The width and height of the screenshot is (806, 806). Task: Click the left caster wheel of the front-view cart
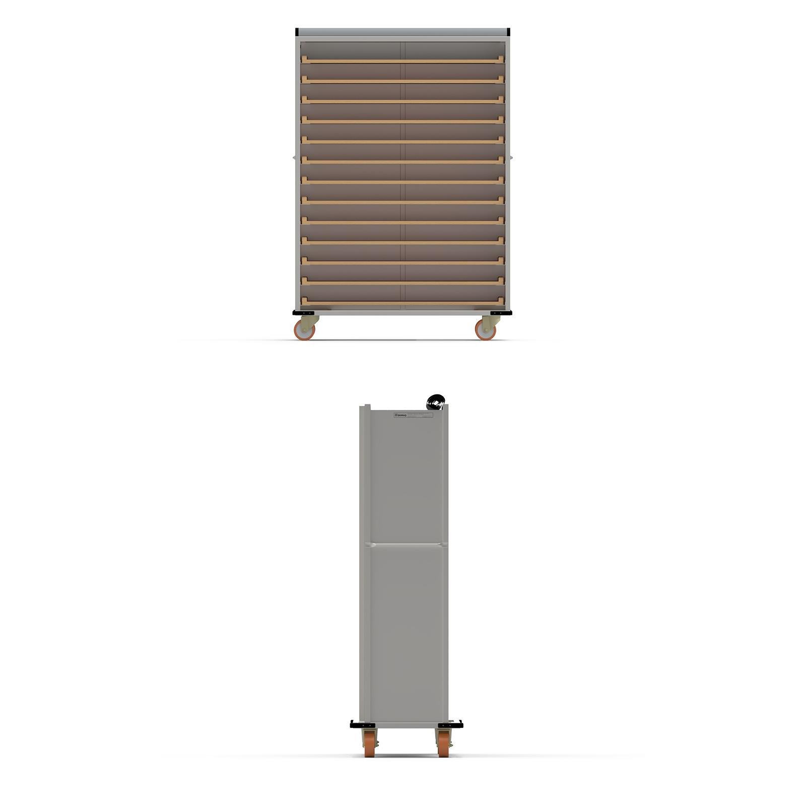[304, 330]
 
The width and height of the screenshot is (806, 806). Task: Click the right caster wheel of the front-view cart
[486, 330]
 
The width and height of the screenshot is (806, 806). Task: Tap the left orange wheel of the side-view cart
[370, 744]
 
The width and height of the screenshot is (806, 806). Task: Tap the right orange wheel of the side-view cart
[443, 744]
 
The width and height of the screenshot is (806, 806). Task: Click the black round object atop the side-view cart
[435, 402]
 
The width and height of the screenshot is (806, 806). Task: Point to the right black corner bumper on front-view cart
[501, 313]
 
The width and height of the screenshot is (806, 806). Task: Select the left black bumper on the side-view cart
[362, 725]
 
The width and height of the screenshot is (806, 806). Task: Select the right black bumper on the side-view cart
[450, 725]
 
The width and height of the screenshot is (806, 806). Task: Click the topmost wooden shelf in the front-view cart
[403, 61]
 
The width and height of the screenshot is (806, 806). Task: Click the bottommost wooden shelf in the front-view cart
[403, 303]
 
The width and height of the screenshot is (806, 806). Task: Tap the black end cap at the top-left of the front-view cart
[297, 32]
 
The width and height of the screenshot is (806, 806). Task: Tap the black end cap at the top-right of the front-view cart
[509, 32]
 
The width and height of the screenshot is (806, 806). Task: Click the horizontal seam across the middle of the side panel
[406, 544]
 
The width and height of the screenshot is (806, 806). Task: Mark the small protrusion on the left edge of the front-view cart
[294, 157]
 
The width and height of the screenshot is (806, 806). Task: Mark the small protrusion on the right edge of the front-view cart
[511, 157]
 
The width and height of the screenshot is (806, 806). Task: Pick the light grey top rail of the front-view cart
[403, 32]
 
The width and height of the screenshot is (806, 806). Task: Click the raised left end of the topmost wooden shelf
[304, 59]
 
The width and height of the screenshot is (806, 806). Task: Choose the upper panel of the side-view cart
[406, 479]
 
